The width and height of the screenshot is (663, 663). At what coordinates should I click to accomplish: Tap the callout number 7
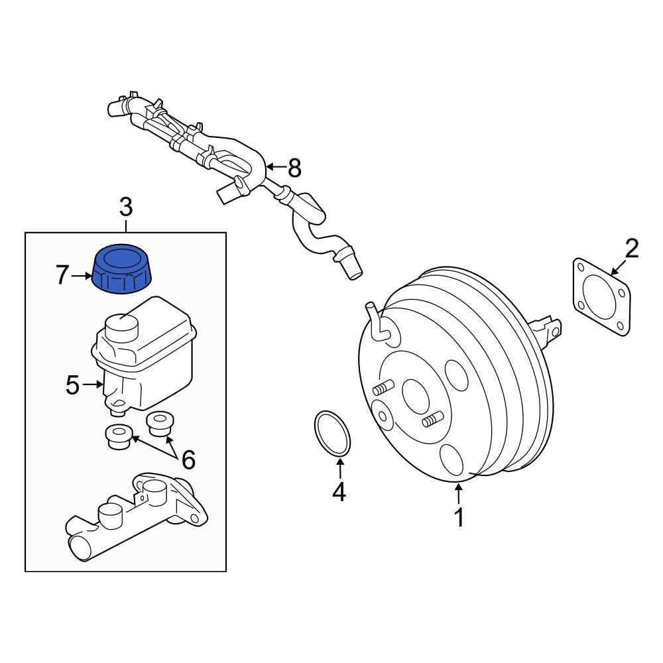62,275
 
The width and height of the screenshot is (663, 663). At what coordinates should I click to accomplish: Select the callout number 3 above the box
126,207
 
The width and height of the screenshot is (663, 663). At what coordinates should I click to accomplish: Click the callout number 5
73,385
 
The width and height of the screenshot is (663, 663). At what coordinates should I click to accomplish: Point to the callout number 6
188,459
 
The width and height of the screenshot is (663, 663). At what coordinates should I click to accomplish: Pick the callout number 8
294,168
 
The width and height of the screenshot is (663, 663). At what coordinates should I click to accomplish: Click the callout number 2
631,249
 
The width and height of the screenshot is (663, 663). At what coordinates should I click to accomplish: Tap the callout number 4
339,492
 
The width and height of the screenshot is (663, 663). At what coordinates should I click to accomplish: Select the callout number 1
459,517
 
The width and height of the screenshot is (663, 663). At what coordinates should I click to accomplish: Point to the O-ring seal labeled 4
331,434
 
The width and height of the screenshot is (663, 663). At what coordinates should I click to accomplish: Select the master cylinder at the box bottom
136,517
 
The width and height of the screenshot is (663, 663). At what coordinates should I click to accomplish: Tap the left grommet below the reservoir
119,436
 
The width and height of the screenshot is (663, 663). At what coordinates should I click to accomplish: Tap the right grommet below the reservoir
158,424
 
